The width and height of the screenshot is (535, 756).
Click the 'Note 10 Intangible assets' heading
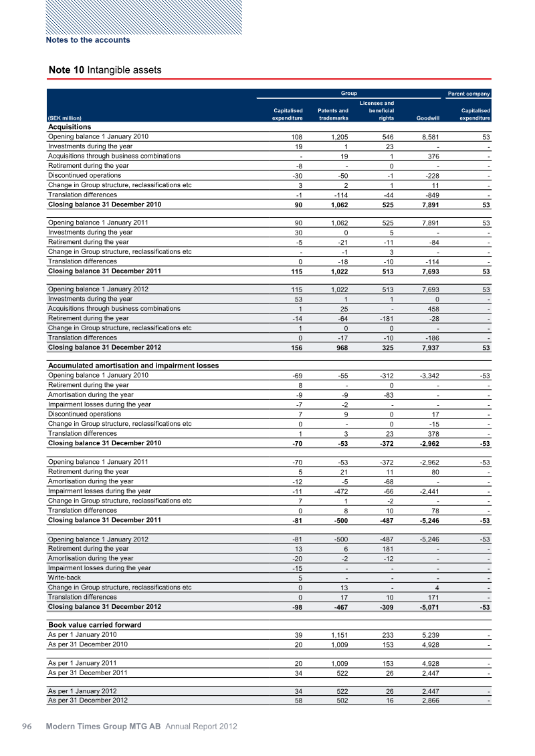pyautogui.click(x=105, y=70)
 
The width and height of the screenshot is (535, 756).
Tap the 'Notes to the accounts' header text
pyautogui.click(x=88, y=40)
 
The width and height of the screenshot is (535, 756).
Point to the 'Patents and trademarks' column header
pyautogui.click(x=332, y=114)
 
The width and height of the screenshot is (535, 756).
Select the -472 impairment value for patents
pyautogui.click(x=338, y=491)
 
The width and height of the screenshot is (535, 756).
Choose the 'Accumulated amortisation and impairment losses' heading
pyautogui.click(x=134, y=366)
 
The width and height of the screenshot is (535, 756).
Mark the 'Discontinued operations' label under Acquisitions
pyautogui.click(x=85, y=175)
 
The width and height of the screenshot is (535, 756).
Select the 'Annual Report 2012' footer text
pyautogui.click(x=201, y=726)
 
